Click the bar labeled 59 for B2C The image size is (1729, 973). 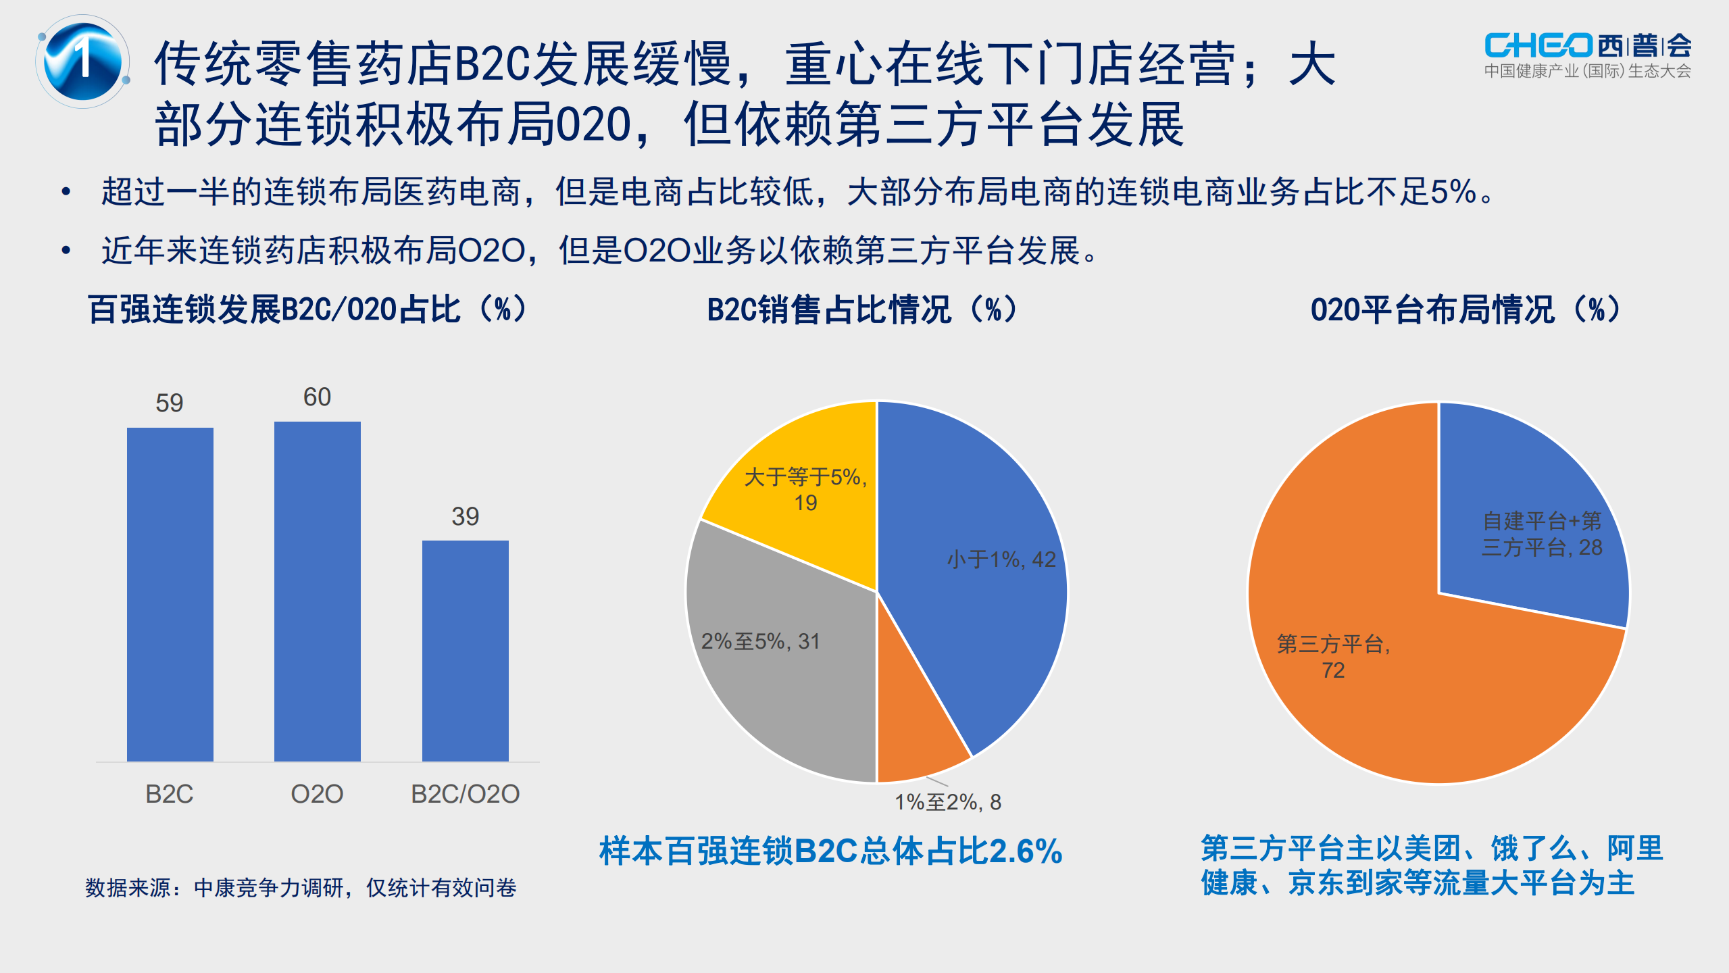[x=170, y=594]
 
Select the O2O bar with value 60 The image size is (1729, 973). [x=317, y=591]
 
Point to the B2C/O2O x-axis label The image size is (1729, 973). [x=465, y=793]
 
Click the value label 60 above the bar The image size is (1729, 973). [x=317, y=397]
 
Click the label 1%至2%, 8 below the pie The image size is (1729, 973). [x=947, y=802]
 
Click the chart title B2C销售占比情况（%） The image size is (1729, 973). [x=861, y=310]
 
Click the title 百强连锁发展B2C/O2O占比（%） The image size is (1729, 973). [x=307, y=310]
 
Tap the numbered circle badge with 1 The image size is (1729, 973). [x=83, y=61]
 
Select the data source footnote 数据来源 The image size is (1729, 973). [x=301, y=887]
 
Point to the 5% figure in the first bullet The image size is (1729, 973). [x=1453, y=192]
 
